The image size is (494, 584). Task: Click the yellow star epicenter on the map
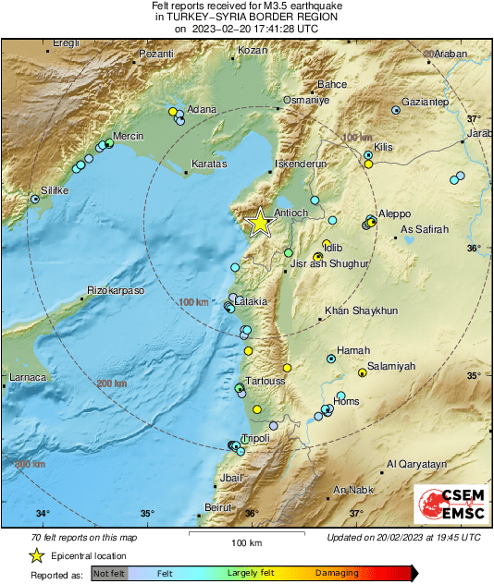261,221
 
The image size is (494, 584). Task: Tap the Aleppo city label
394,213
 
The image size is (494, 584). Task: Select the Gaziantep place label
426,102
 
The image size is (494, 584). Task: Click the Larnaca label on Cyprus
27,377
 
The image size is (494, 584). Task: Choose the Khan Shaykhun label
362,311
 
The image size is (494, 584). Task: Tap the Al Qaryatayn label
417,464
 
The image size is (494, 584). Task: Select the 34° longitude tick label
43,514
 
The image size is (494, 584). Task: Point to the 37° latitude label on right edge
474,118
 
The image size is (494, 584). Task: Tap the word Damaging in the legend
337,573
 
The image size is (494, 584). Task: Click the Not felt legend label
109,573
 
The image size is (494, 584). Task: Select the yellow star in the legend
36,555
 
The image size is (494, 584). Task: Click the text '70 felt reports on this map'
82,537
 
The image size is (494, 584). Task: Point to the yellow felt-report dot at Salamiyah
362,373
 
